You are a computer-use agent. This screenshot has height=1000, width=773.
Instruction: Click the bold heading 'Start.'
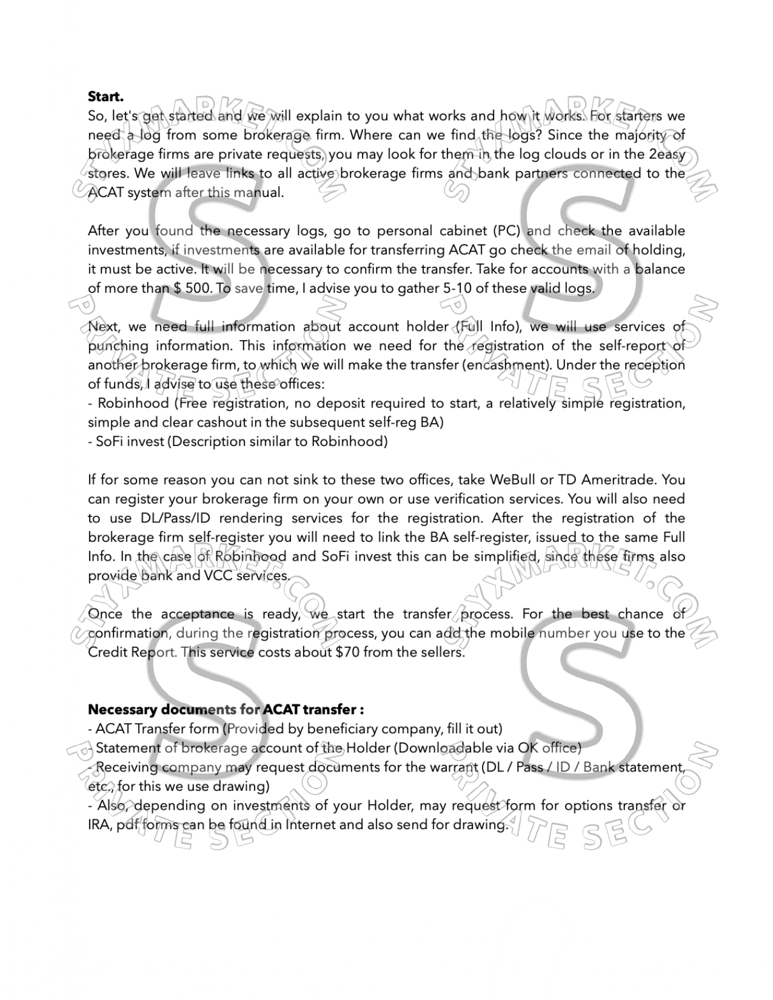click(x=105, y=96)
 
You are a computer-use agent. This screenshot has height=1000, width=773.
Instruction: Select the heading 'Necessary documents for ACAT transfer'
click(x=226, y=709)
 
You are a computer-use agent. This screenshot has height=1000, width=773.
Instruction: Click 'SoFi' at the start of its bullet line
click(x=109, y=441)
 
